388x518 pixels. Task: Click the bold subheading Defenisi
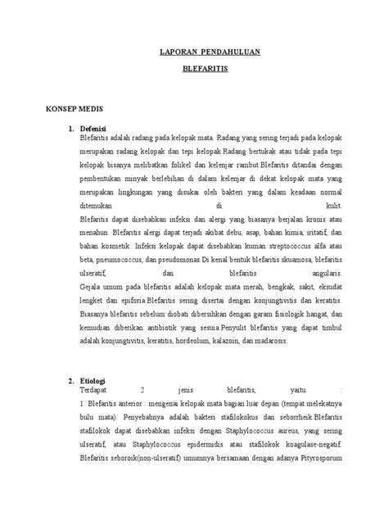pyautogui.click(x=94, y=128)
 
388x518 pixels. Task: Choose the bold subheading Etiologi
pyautogui.click(x=92, y=380)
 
